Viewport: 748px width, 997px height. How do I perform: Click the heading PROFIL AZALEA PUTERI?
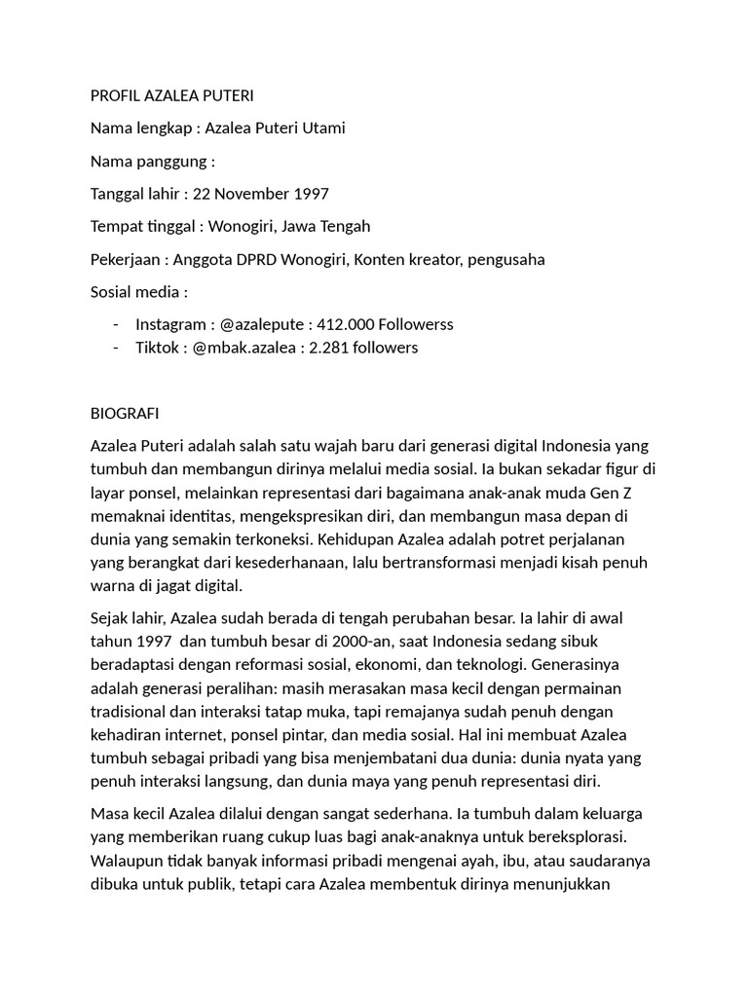tap(171, 95)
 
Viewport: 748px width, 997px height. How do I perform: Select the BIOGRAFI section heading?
tap(125, 413)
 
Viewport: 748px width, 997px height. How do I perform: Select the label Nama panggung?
tap(149, 162)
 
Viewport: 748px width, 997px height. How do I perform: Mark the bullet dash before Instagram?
tap(116, 324)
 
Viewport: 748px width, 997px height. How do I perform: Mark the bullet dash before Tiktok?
tap(116, 348)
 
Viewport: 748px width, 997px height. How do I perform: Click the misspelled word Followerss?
tap(417, 324)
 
